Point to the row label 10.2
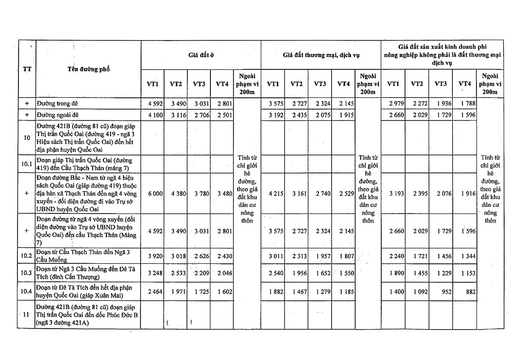coord(27,256)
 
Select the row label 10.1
coord(27,164)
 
